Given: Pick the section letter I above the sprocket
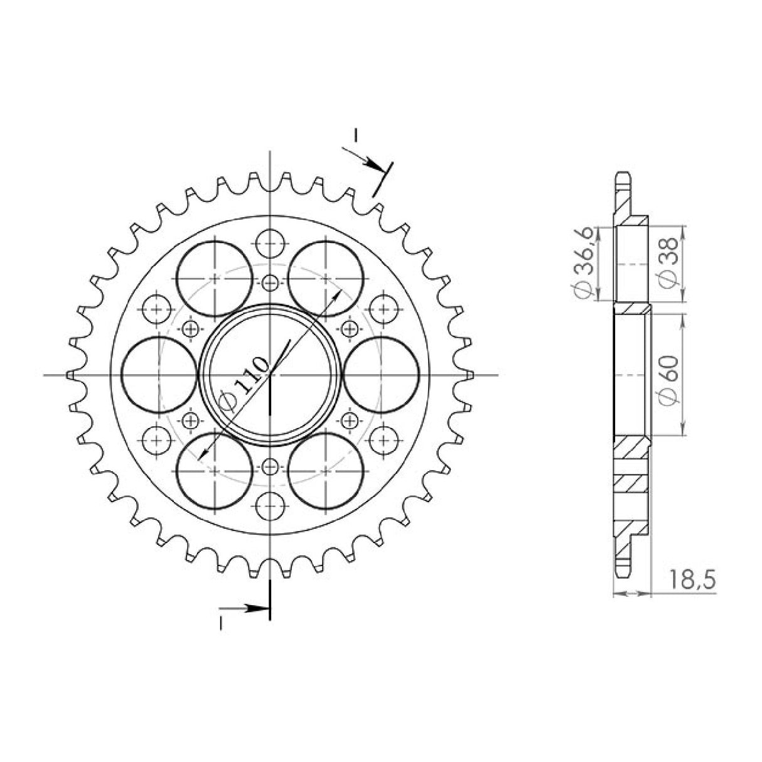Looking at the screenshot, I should pyautogui.click(x=355, y=134).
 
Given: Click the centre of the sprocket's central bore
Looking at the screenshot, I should pyautogui.click(x=270, y=375).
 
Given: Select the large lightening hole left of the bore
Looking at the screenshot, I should pyautogui.click(x=159, y=375).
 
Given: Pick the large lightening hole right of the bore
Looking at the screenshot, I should pyautogui.click(x=382, y=375).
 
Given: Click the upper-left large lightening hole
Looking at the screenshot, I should pyautogui.click(x=215, y=279).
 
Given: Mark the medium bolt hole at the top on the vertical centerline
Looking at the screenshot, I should pyautogui.click(x=270, y=242).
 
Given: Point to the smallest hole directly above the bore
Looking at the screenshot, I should pyautogui.click(x=270, y=282).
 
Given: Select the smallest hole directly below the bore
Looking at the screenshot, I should pyautogui.click(x=270, y=466).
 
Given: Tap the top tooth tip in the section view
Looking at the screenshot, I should pyautogui.click(x=623, y=176).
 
